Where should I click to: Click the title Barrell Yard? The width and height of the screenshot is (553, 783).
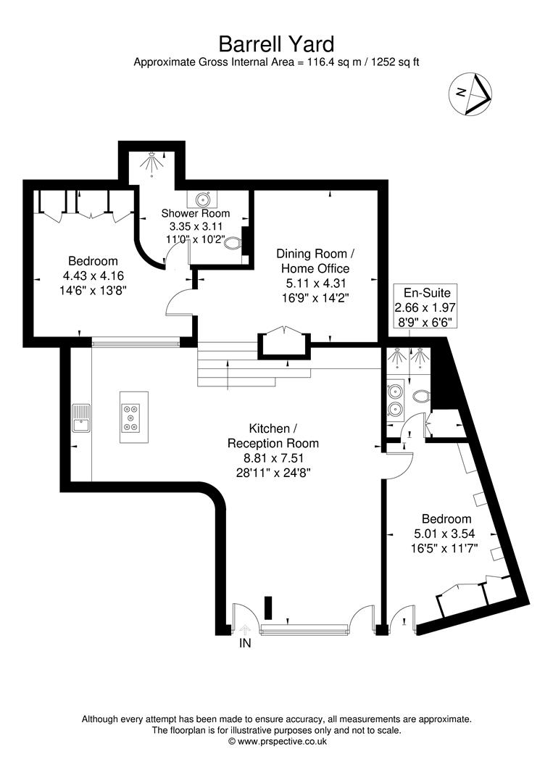[276, 46]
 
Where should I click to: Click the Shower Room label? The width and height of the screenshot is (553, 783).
[196, 213]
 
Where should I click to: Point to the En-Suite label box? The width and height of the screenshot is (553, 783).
[427, 307]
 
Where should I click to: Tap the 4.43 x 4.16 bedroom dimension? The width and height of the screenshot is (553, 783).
[93, 275]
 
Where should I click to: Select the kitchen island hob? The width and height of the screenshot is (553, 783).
[131, 416]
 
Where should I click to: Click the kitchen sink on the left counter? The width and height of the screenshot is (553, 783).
[80, 420]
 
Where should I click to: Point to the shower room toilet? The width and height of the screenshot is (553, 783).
[233, 246]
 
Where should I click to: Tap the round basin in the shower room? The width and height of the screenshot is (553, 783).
[203, 199]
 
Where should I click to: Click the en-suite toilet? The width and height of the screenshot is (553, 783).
[421, 396]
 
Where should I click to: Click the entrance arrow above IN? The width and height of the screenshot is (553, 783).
[245, 628]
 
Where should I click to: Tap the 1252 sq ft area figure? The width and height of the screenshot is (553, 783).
[395, 62]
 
